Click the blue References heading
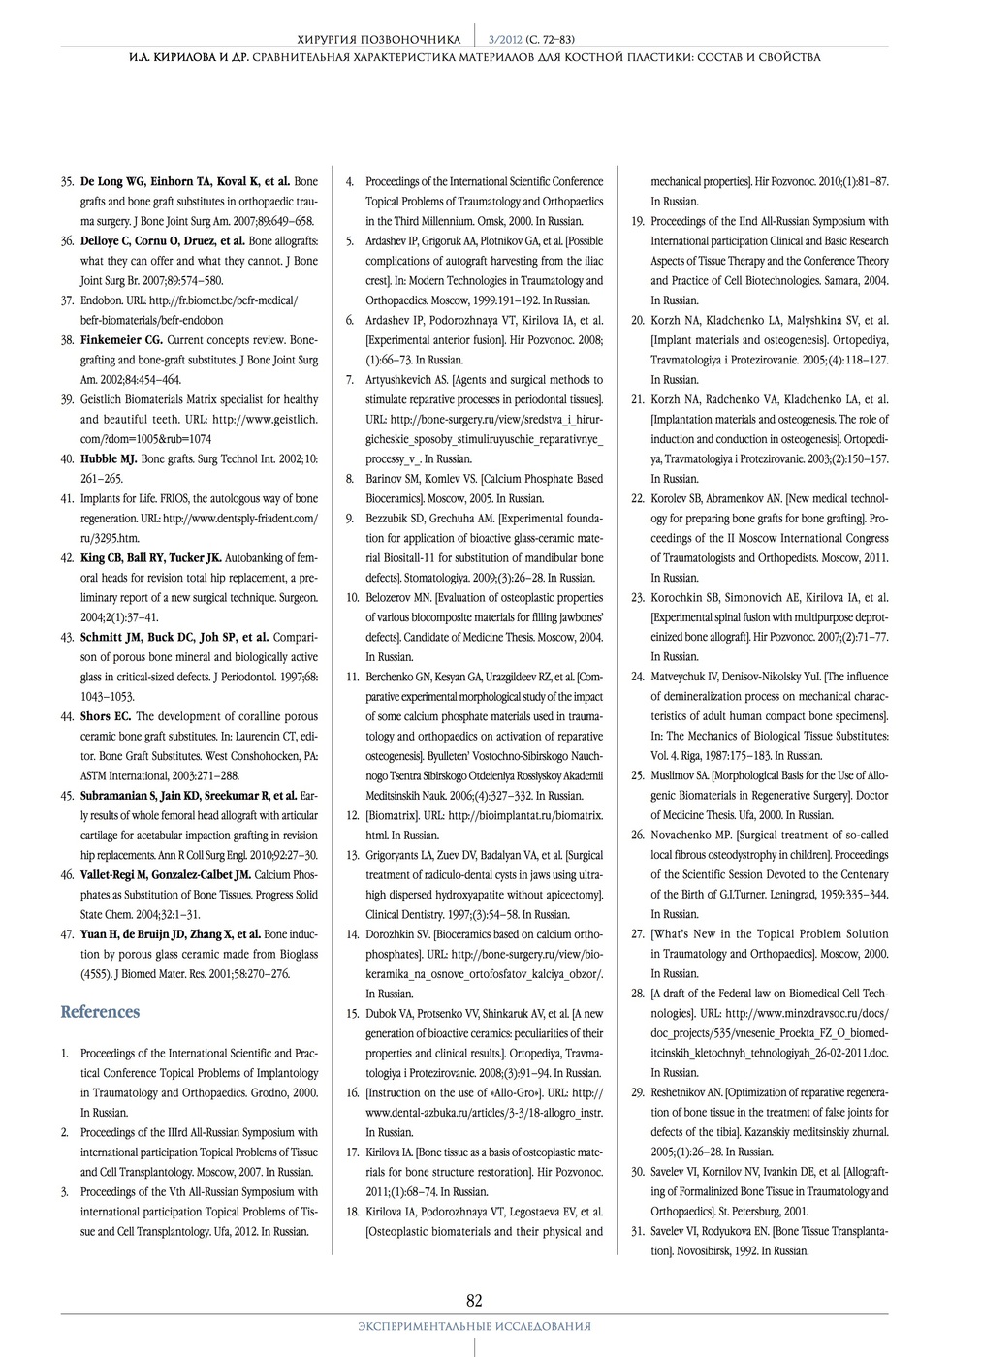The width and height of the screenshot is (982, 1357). click(100, 1012)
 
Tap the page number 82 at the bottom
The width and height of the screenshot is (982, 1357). click(474, 1301)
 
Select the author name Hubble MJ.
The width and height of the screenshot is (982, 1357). click(109, 459)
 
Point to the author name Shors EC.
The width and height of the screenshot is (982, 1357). click(106, 717)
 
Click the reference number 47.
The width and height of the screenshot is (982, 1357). click(68, 934)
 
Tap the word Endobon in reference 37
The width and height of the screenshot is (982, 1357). click(100, 300)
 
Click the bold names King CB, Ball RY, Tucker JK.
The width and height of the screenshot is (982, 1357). click(151, 558)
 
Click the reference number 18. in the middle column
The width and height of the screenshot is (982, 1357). click(352, 1212)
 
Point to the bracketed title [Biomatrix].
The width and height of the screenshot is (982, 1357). click(394, 816)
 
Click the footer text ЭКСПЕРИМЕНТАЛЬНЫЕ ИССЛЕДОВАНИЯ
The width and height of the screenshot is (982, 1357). click(474, 1326)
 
